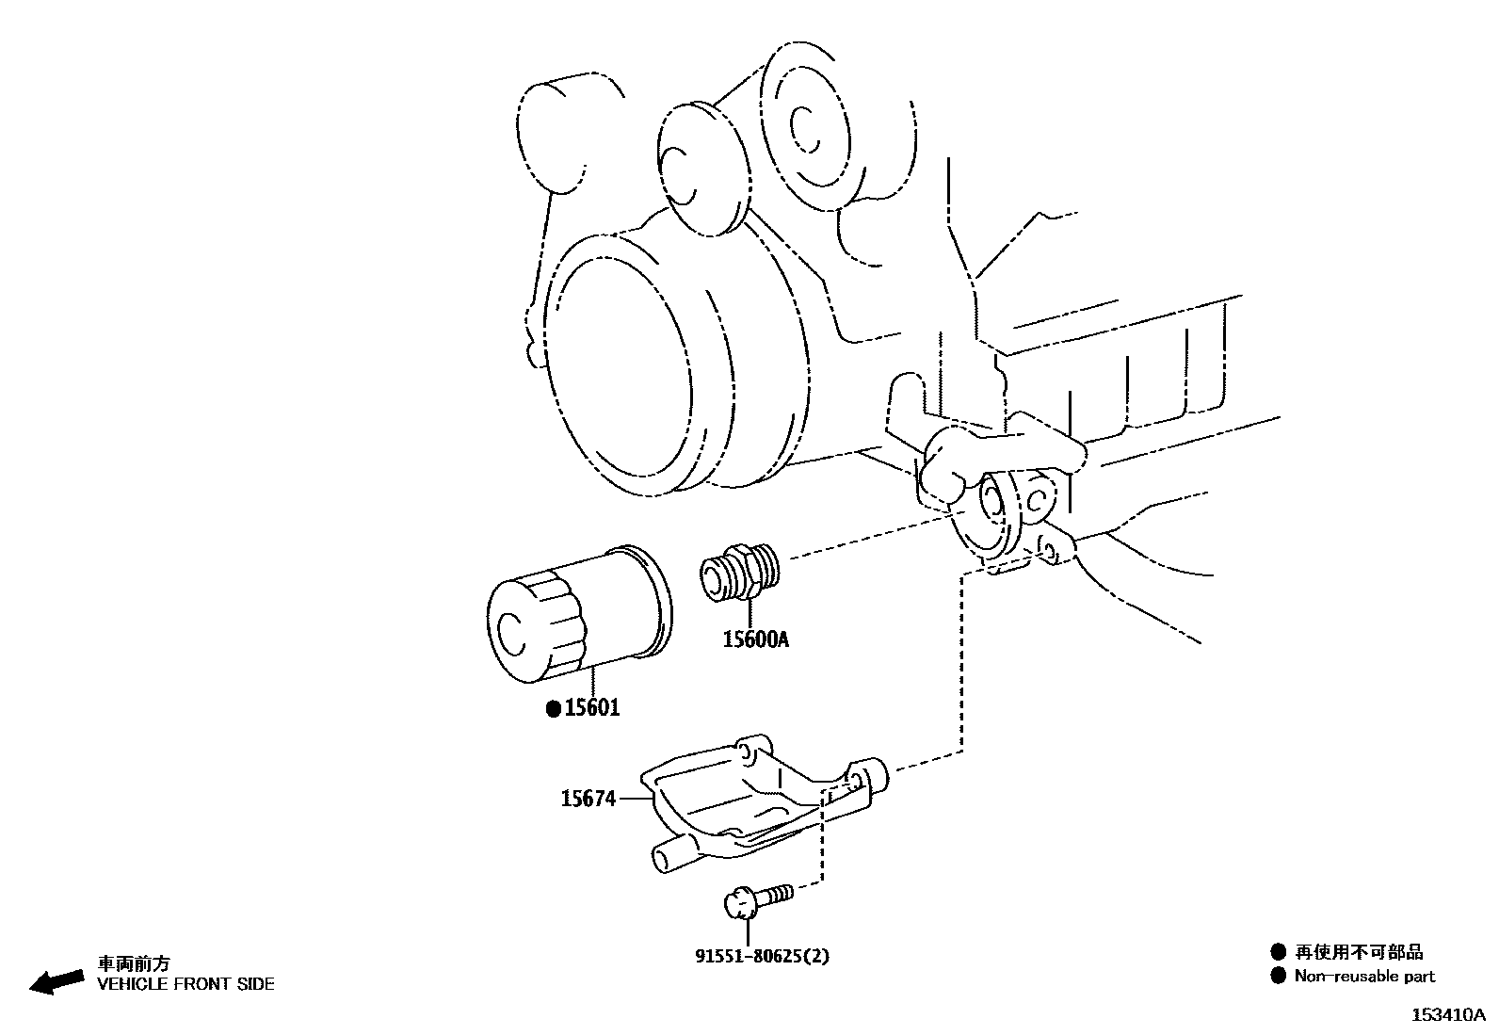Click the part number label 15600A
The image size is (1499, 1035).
[755, 640]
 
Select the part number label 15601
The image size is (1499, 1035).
[592, 708]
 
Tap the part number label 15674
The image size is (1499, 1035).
[588, 799]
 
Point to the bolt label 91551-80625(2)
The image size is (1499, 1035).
[763, 957]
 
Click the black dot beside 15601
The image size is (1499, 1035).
[554, 708]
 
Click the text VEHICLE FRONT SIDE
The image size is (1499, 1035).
[186, 984]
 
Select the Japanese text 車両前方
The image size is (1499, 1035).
[135, 963]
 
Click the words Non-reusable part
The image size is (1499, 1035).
[1364, 977]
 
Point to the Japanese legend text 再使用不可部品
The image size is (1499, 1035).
[1359, 952]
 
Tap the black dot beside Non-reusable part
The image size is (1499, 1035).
[1278, 977]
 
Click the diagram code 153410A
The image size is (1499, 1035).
[1447, 1015]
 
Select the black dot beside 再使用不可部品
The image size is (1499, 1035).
[1278, 952]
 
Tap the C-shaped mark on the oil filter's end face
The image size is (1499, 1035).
[508, 633]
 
